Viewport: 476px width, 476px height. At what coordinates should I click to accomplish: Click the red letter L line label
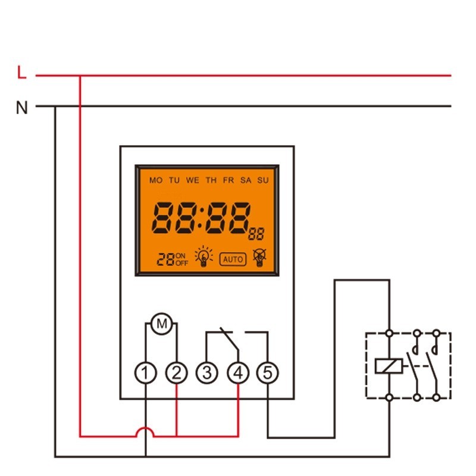(x=22, y=74)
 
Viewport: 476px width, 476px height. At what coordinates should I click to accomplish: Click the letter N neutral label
(x=22, y=108)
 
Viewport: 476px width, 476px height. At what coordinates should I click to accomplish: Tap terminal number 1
(x=146, y=373)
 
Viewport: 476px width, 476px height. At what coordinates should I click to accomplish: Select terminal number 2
(x=176, y=373)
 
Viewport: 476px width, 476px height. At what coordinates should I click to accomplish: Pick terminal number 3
(x=207, y=373)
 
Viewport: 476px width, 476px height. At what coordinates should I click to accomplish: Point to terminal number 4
(x=238, y=373)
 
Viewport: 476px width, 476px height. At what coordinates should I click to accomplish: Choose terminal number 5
(x=267, y=373)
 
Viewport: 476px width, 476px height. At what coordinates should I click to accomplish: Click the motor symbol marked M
(x=161, y=324)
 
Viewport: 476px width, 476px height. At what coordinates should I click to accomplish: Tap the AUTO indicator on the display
(x=233, y=259)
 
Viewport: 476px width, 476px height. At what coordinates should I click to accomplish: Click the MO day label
(x=155, y=180)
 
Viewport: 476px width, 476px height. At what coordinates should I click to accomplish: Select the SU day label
(x=263, y=180)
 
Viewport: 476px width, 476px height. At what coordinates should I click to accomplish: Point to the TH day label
(x=211, y=180)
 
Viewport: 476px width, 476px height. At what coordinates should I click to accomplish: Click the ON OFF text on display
(x=181, y=259)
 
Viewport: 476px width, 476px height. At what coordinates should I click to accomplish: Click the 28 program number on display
(x=165, y=259)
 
